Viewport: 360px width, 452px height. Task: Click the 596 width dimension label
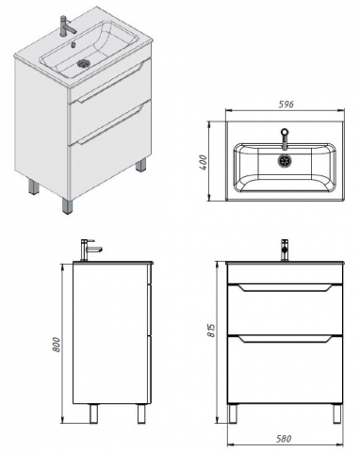pyautogui.click(x=286, y=105)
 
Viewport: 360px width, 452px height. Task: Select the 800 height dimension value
pyautogui.click(x=57, y=345)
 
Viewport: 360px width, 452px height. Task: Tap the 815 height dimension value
pyautogui.click(x=212, y=331)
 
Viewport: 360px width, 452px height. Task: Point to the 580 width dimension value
pyautogui.click(x=284, y=438)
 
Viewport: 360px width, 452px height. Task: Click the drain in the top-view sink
pyautogui.click(x=284, y=160)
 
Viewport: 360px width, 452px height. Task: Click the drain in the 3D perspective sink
pyautogui.click(x=84, y=64)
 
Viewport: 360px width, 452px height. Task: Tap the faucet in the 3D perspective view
pyautogui.click(x=67, y=25)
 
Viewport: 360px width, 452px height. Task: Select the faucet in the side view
pyautogui.click(x=90, y=250)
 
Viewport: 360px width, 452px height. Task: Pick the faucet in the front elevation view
pyautogui.click(x=285, y=250)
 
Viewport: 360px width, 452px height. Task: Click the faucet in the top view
pyautogui.click(x=285, y=138)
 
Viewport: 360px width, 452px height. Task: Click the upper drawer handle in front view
pyautogui.click(x=285, y=288)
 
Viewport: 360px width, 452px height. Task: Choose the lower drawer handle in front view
pyautogui.click(x=285, y=339)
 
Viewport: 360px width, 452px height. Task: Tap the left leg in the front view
pyautogui.click(x=233, y=413)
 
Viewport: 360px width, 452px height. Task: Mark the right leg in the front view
pyautogui.click(x=337, y=413)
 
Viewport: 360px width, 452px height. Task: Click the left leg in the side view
pyautogui.click(x=93, y=413)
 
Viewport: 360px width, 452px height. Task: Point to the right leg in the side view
pyautogui.click(x=141, y=413)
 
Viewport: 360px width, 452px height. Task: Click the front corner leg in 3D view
pyautogui.click(x=68, y=205)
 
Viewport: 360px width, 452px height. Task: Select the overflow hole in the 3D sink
pyautogui.click(x=74, y=45)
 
